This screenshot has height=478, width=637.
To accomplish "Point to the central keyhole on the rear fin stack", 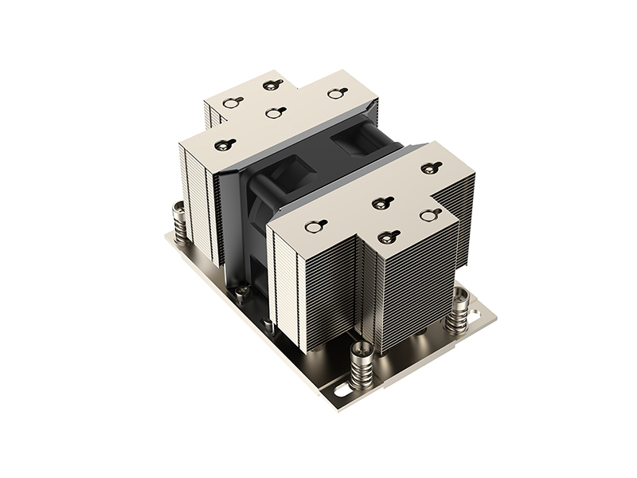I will pos(275,112).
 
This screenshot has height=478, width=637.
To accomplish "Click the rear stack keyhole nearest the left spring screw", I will pos(221,144).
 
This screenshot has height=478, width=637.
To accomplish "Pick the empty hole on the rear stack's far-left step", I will pos(230,102).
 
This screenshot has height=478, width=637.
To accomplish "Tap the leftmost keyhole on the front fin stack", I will pos(311,226).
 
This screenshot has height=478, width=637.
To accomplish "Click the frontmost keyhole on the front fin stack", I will pos(389,237).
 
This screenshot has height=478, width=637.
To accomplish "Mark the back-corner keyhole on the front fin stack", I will pos(431,167).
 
